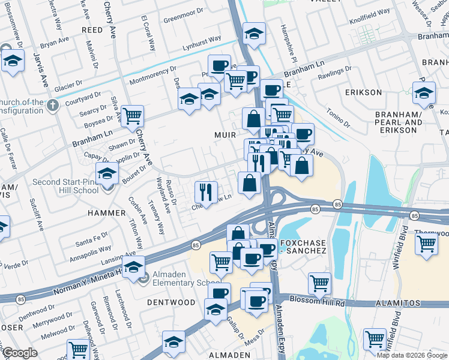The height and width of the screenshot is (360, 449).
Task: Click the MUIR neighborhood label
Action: [224, 135]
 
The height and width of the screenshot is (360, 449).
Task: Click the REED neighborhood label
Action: [92, 29]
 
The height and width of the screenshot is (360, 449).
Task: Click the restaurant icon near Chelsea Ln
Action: [206, 192]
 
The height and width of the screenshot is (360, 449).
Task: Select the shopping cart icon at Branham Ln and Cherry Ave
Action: [132, 115]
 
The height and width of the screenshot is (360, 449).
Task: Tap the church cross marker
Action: [53, 106]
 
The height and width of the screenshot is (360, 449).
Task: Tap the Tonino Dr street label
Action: [338, 117]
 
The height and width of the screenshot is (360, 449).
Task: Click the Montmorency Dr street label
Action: [153, 79]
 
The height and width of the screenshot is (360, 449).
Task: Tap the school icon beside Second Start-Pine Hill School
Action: [107, 173]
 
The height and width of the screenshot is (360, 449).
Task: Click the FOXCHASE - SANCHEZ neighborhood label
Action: [303, 247]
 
